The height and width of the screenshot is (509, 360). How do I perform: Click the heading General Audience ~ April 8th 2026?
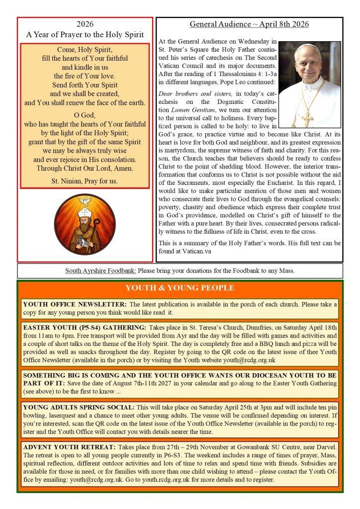pyautogui.click(x=249, y=24)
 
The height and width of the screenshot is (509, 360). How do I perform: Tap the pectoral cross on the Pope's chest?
pyautogui.click(x=307, y=119)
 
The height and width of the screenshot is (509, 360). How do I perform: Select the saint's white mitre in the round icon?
pyautogui.click(x=85, y=214)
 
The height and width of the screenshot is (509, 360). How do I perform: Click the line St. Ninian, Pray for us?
pyautogui.click(x=85, y=181)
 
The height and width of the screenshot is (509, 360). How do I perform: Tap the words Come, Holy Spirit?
pyautogui.click(x=85, y=50)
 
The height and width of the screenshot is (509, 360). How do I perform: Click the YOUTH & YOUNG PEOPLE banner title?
pyautogui.click(x=180, y=288)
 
